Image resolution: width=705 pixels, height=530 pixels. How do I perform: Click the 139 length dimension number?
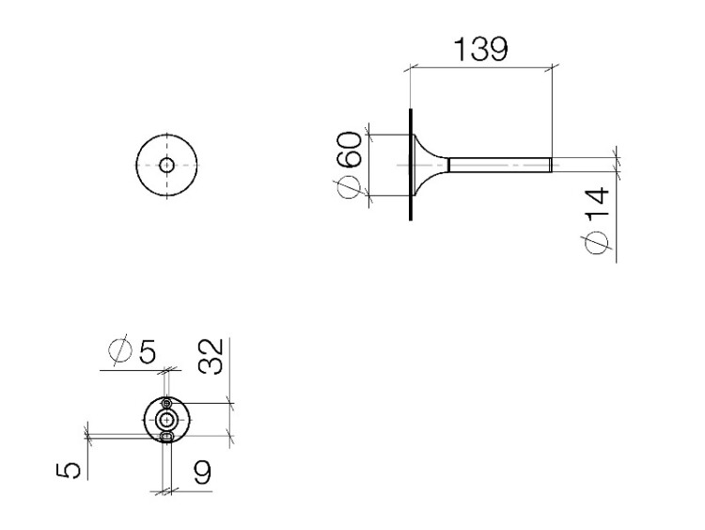pyautogui.click(x=481, y=48)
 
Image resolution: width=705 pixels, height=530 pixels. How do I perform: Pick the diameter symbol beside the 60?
pyautogui.click(x=349, y=185)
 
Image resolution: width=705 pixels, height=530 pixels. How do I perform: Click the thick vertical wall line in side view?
pyautogui.click(x=410, y=165)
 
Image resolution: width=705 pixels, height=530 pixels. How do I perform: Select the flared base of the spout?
pyautogui.click(x=428, y=165)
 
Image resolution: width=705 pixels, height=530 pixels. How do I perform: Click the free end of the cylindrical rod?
pyautogui.click(x=548, y=166)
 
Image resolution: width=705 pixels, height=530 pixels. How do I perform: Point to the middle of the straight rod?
pyautogui.click(x=498, y=166)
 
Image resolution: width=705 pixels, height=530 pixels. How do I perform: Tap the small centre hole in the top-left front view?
pyautogui.click(x=166, y=165)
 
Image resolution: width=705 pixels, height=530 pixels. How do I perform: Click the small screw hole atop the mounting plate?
pyautogui.click(x=166, y=404)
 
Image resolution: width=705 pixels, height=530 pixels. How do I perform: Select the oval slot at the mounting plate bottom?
pyautogui.click(x=166, y=436)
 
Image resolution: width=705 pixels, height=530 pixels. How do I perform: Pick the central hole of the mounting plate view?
pyautogui.click(x=166, y=419)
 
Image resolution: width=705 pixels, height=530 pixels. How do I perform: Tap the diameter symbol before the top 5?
pyautogui.click(x=120, y=351)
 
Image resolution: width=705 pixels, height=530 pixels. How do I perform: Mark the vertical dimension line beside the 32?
pyautogui.click(x=230, y=420)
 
